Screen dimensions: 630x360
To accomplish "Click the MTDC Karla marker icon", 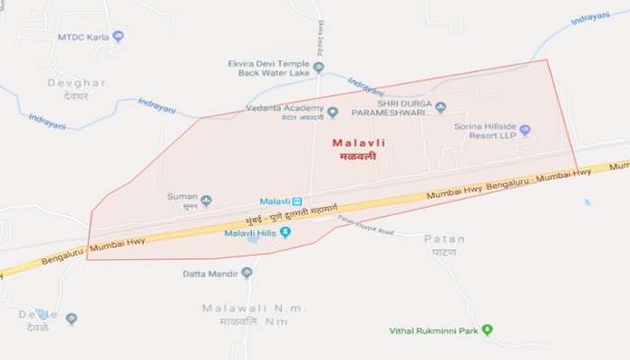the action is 118,37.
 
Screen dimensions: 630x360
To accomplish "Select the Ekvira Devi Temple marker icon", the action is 319,67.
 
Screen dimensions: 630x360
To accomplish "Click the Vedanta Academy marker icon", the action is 332,112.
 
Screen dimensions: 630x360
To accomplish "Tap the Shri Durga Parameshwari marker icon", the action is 440,108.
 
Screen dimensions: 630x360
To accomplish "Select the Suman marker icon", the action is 206,201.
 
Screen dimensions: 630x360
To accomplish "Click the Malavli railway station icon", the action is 297,201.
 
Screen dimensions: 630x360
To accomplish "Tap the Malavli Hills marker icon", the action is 285,232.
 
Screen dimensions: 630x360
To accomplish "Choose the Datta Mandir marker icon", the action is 247,273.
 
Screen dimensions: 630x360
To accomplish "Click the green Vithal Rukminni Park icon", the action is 487,330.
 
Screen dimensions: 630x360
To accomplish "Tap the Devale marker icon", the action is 71,319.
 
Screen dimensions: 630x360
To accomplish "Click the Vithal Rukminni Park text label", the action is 433,331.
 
